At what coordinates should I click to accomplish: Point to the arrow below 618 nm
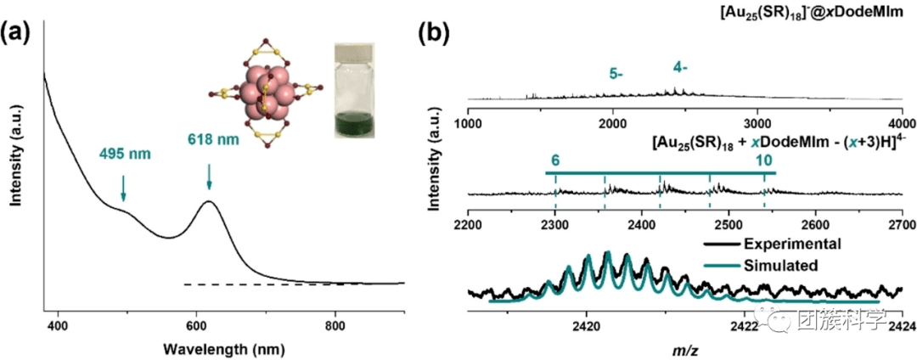[209, 177]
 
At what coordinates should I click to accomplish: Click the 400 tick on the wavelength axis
[58, 325]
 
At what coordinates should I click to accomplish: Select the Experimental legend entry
[794, 245]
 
